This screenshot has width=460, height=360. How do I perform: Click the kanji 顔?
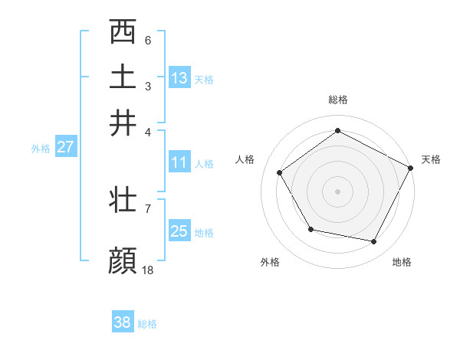pos(123,260)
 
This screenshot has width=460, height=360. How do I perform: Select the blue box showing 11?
pos(179,162)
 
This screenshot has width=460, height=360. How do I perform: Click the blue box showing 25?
pos(179,231)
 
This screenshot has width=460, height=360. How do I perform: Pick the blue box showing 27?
pos(65,146)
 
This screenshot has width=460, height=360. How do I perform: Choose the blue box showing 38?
pos(123,322)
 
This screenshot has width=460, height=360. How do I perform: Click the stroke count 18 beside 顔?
pos(148,270)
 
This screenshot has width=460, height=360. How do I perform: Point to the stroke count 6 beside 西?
pos(148,40)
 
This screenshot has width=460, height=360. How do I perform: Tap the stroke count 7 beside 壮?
pos(148,208)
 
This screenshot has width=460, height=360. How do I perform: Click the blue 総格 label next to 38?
pos(147,324)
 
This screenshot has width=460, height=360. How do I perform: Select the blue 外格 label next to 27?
pos(41,149)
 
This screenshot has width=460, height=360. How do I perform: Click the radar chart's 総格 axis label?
pos(337,100)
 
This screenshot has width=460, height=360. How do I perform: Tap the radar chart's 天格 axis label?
pos(431,159)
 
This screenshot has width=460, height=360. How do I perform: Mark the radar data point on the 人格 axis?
pos(280,173)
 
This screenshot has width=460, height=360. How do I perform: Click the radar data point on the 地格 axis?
pos(374,241)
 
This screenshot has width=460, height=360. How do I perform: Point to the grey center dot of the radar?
pos(337,191)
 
